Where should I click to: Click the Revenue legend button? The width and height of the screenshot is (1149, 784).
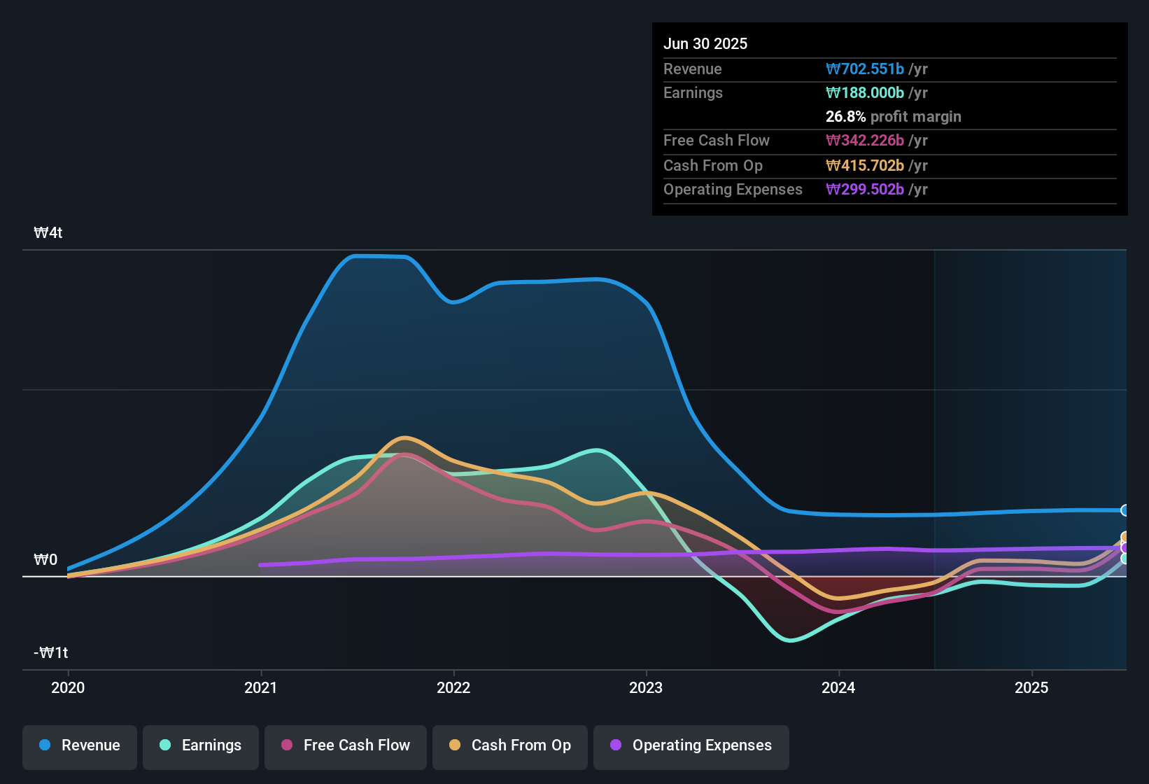click(x=80, y=745)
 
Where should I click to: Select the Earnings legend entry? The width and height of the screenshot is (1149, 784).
click(x=201, y=745)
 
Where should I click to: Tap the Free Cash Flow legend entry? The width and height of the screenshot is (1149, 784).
click(x=346, y=745)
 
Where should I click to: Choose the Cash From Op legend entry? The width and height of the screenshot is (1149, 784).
click(x=510, y=745)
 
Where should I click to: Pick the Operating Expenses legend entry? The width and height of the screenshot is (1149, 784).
click(x=691, y=745)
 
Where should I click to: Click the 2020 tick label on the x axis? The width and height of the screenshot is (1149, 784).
click(x=68, y=687)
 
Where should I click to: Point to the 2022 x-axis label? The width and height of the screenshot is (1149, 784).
click(x=453, y=687)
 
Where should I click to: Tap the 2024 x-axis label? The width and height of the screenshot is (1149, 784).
click(x=838, y=687)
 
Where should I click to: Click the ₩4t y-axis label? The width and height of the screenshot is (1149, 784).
click(x=48, y=233)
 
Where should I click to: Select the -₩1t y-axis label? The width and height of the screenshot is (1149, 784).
click(x=51, y=653)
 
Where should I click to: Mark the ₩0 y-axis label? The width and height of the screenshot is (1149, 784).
click(x=45, y=560)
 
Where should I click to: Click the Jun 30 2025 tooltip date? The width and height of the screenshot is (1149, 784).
click(x=705, y=44)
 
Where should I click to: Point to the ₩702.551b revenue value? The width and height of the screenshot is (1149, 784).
click(x=865, y=69)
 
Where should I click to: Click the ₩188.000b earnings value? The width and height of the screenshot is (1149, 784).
click(x=865, y=93)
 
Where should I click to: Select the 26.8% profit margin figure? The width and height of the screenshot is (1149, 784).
click(x=845, y=117)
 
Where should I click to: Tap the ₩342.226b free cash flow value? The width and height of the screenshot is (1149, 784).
click(x=865, y=141)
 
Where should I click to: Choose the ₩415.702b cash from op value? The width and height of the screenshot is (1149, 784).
click(x=865, y=166)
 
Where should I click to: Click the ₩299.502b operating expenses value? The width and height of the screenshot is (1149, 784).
click(x=865, y=190)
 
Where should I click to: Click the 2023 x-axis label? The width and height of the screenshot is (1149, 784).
click(x=646, y=687)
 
